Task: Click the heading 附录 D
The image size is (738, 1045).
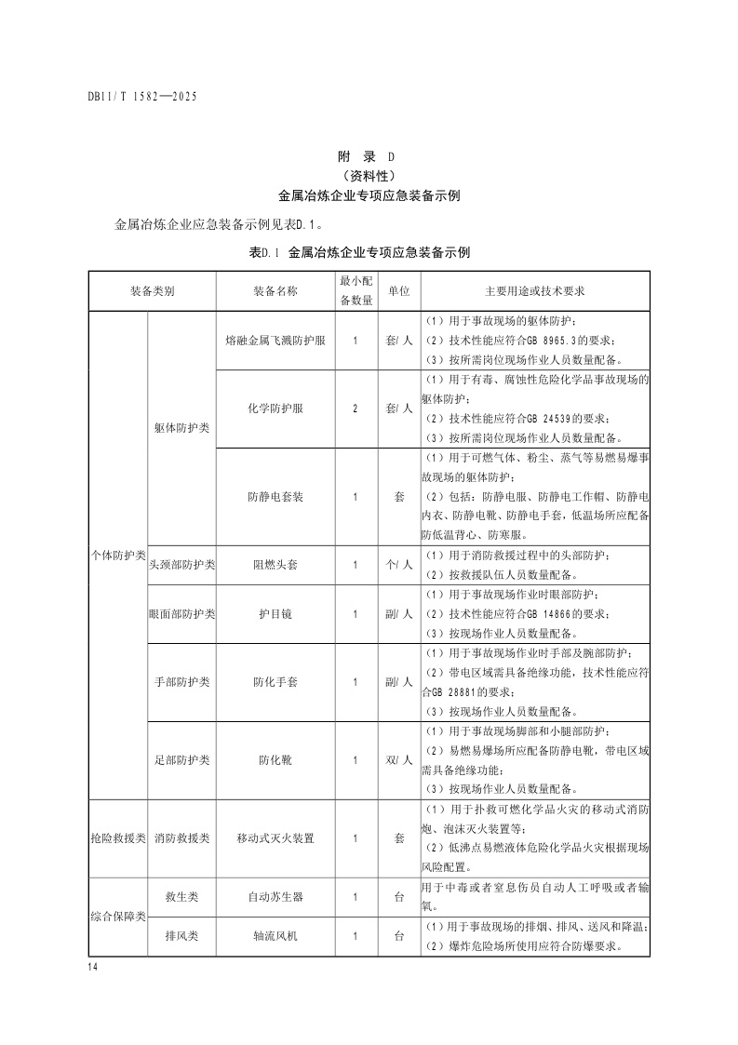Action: coord(369,157)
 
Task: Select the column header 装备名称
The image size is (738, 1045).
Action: coord(275,291)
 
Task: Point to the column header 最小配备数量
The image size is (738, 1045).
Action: coord(356,290)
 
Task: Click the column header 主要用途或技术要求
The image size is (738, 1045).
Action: coord(535,291)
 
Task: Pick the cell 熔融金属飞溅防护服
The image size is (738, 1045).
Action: coord(275,341)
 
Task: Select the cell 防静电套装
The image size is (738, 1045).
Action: coord(275,497)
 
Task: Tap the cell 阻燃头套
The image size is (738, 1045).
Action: coord(275,564)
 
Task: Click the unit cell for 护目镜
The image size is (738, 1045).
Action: coord(398,614)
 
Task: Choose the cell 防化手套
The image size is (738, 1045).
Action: coord(275,682)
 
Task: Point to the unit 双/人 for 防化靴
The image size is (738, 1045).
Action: coord(398,759)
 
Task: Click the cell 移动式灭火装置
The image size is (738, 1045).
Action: coord(275,838)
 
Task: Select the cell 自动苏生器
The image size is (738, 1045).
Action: coord(275,897)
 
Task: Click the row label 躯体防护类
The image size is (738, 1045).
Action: coord(181,428)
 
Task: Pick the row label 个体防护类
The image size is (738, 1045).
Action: coord(118,556)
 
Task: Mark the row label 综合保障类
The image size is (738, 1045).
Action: coord(118,917)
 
